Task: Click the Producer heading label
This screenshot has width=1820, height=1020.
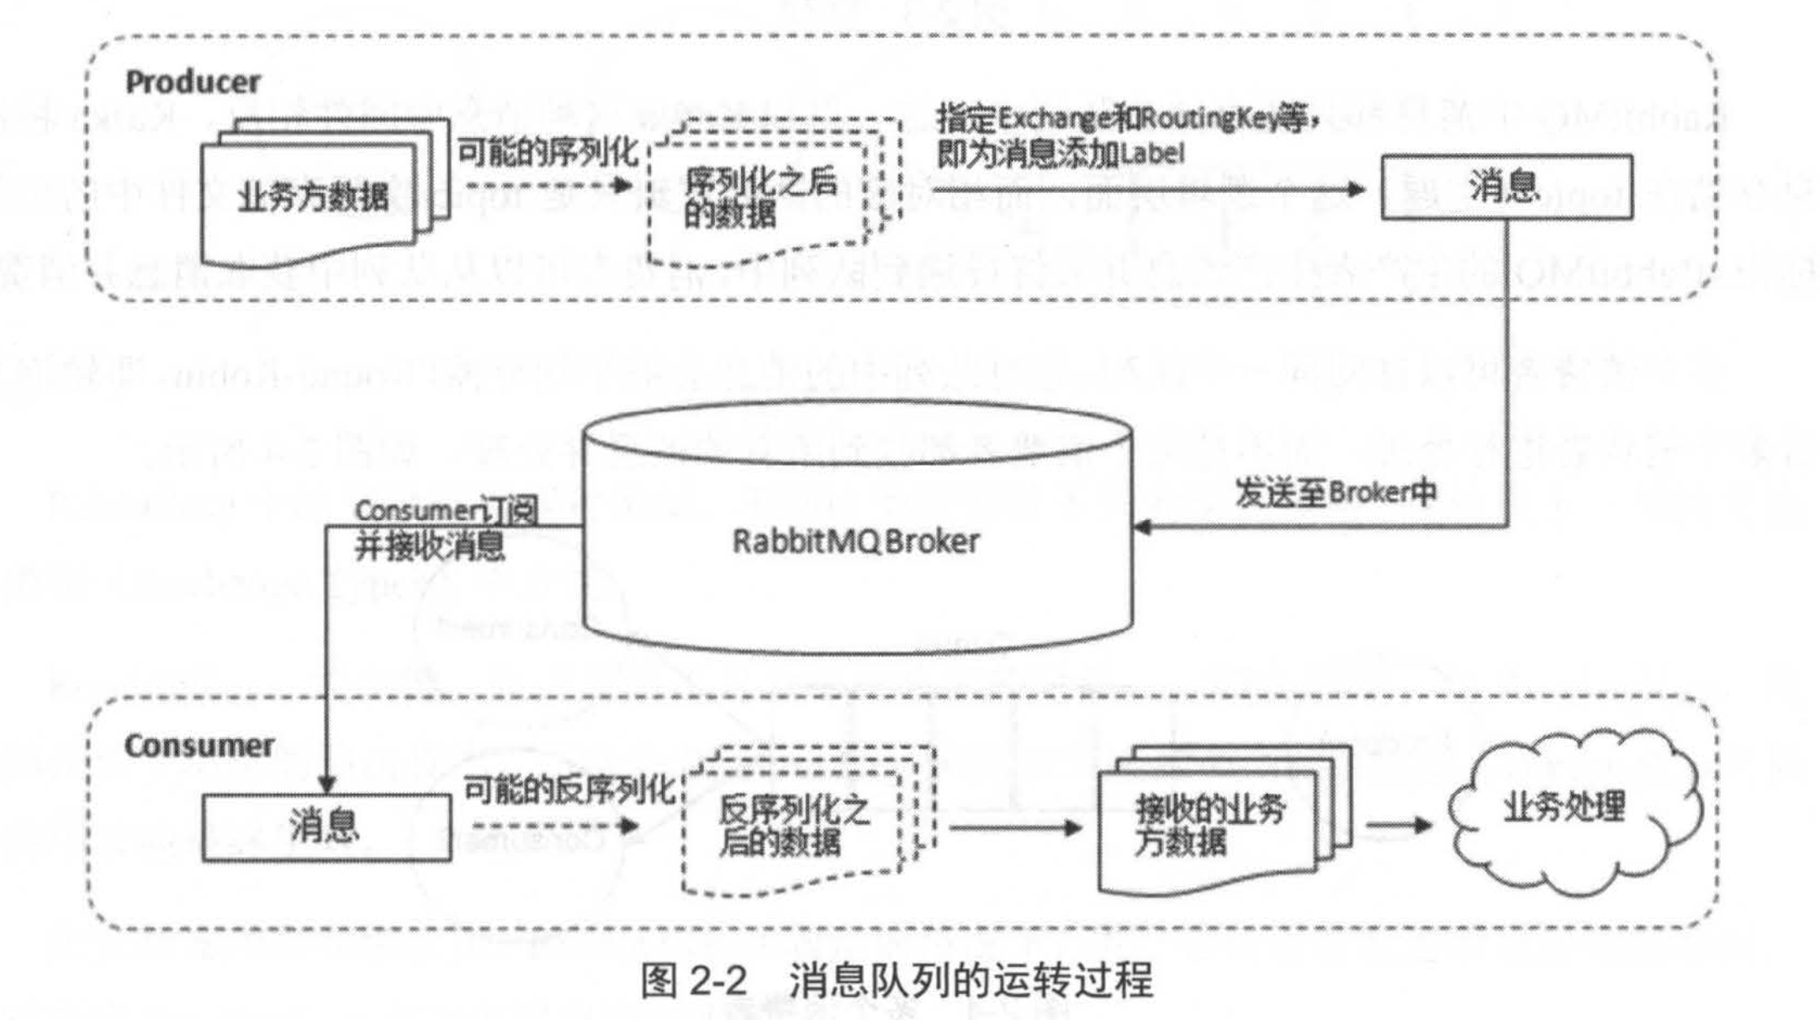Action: tap(193, 82)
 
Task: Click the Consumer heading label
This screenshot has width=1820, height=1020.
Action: tap(198, 746)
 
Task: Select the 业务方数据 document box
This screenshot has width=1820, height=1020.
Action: tap(312, 198)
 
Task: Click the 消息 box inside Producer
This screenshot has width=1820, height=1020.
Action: tap(1506, 187)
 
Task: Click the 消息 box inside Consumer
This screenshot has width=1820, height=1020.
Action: tap(325, 826)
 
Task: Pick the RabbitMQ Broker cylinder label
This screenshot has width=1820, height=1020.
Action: tap(855, 541)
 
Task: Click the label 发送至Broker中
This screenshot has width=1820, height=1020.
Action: tap(1335, 493)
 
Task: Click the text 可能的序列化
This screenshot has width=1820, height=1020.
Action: tap(548, 152)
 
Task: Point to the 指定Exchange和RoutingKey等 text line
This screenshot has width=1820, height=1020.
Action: tap(1127, 119)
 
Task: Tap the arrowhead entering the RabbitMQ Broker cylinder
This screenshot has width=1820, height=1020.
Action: tap(1143, 528)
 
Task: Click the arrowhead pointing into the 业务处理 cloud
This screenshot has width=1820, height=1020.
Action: tap(1423, 825)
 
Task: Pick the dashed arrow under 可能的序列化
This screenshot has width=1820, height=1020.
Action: tap(547, 184)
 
